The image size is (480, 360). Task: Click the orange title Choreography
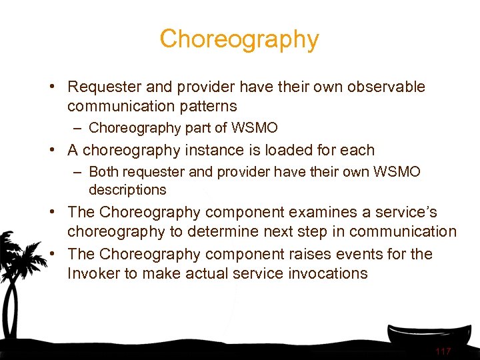239,39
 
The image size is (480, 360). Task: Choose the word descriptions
127,190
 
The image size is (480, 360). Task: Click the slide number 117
443,351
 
